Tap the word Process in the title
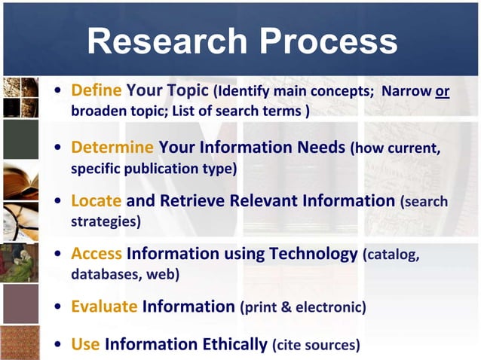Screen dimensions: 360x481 click(x=326, y=41)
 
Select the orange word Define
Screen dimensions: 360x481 click(x=97, y=91)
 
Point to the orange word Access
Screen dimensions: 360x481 click(x=97, y=254)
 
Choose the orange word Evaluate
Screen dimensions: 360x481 click(x=104, y=307)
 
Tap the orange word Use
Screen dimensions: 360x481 click(x=85, y=345)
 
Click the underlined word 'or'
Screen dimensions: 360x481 click(x=443, y=92)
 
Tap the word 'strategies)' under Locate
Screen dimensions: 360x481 click(x=106, y=222)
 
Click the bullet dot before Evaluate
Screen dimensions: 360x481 click(x=59, y=307)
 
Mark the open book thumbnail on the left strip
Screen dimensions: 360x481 click(x=20, y=182)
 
